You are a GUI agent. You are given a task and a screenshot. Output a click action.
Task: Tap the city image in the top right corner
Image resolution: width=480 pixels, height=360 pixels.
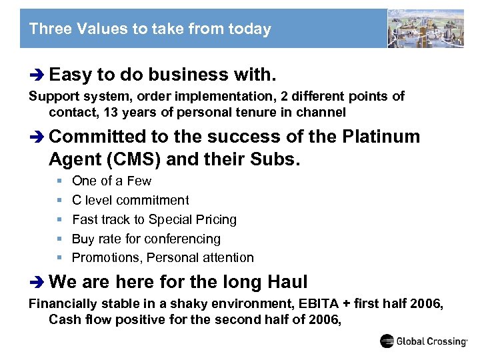pos(426,29)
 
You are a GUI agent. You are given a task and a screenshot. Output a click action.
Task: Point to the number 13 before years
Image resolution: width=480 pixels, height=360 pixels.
pos(125,112)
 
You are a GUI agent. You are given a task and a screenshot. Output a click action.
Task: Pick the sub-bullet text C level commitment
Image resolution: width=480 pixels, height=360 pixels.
pos(130,200)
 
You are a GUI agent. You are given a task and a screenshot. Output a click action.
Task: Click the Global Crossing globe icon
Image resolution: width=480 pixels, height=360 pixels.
pos(387,341)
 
